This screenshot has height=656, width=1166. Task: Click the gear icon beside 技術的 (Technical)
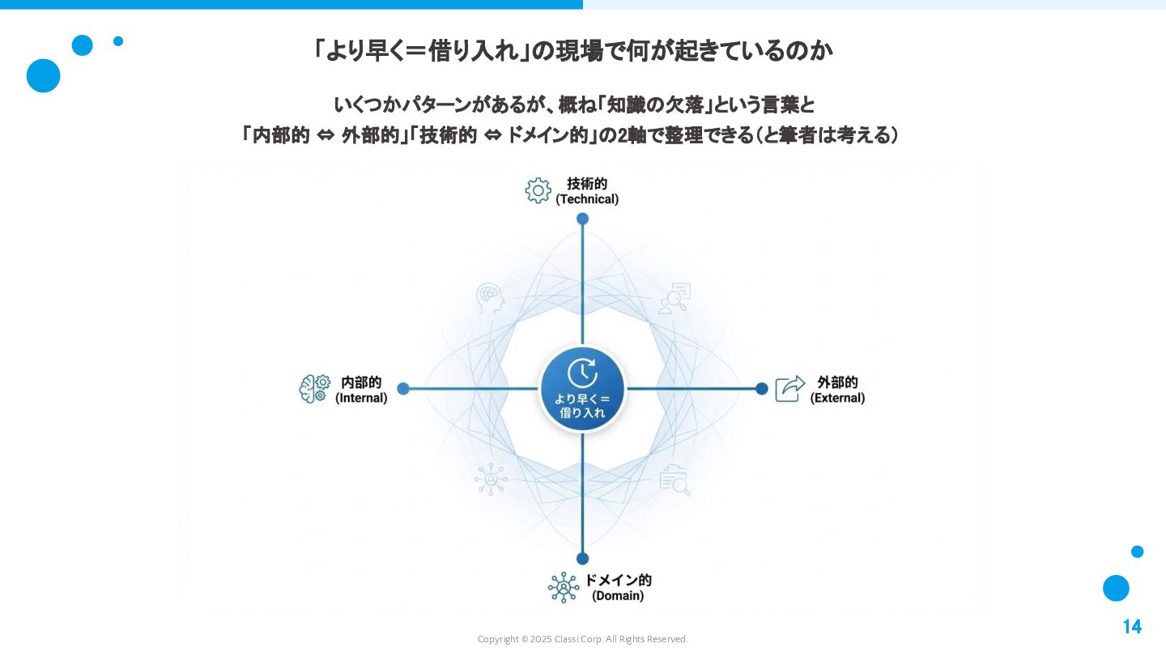click(x=538, y=190)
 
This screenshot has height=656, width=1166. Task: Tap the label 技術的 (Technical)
click(x=587, y=191)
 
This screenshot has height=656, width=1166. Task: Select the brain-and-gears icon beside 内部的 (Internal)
click(x=315, y=389)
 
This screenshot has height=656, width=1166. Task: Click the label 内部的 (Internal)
click(x=361, y=390)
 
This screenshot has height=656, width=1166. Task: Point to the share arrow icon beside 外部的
click(x=790, y=389)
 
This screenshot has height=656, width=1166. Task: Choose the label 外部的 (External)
click(x=837, y=390)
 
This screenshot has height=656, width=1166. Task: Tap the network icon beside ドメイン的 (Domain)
click(x=563, y=587)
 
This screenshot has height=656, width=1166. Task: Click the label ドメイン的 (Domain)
click(x=618, y=587)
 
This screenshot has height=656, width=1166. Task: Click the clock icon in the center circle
click(x=582, y=373)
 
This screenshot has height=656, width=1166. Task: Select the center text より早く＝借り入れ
click(x=582, y=406)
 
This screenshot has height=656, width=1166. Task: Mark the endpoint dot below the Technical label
click(x=582, y=219)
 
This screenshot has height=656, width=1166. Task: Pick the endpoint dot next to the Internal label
click(x=403, y=389)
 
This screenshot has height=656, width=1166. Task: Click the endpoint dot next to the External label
click(x=762, y=389)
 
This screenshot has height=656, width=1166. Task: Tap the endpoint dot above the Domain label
click(x=582, y=559)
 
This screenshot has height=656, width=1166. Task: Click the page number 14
click(x=1131, y=627)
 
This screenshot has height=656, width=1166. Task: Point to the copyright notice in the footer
click(x=582, y=640)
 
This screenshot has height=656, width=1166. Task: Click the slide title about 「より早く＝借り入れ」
click(x=572, y=51)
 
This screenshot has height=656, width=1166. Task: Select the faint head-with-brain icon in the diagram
click(x=491, y=299)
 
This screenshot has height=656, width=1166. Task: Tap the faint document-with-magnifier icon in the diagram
click(x=674, y=479)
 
